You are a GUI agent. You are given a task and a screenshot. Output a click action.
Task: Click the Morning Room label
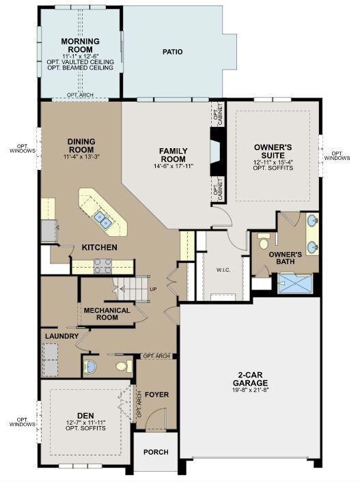pyautogui.click(x=81, y=45)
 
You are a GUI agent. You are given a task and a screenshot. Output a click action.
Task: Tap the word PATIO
pyautogui.click(x=173, y=52)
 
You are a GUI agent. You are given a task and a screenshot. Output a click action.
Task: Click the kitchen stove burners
pyautogui.click(x=102, y=266)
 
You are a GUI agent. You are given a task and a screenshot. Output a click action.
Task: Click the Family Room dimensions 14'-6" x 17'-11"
pyautogui.click(x=173, y=167)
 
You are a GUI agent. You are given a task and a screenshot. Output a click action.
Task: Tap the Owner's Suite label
pyautogui.click(x=273, y=152)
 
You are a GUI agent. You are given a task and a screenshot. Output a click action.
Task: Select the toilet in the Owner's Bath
pyautogui.click(x=264, y=241)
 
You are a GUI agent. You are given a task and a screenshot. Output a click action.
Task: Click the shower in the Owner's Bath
pyautogui.click(x=295, y=283)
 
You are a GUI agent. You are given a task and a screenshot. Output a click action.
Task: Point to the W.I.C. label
pyautogui.click(x=223, y=270)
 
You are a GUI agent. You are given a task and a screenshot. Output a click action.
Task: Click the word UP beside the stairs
pyautogui.click(x=153, y=289)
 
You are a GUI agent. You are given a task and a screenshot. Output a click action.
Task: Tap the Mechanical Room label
pyautogui.click(x=107, y=314)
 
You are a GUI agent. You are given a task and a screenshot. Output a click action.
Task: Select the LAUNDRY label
pyautogui.click(x=61, y=336)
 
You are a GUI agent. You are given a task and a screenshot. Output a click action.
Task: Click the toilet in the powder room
pyautogui.click(x=124, y=366)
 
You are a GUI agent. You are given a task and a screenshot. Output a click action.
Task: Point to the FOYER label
pyautogui.click(x=156, y=395)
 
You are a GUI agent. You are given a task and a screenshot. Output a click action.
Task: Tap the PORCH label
pyautogui.click(x=156, y=452)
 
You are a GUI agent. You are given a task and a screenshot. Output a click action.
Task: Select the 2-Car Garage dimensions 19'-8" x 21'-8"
pyautogui.click(x=250, y=390)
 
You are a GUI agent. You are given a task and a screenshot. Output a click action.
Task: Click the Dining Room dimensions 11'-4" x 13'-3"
pyautogui.click(x=81, y=156)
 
